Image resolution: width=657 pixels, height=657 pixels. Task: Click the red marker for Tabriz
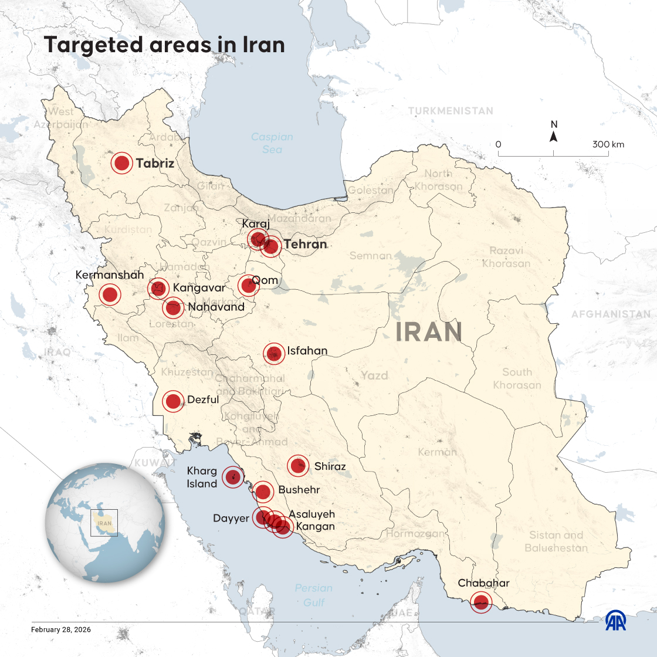121,164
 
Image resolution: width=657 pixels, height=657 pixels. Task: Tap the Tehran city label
305,244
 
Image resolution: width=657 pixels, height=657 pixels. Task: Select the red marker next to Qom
248,286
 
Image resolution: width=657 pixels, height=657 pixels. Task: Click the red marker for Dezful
173,401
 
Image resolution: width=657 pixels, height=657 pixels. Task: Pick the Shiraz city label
330,466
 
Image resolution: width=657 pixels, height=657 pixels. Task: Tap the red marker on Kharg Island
233,476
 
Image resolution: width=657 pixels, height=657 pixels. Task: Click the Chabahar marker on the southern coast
482,602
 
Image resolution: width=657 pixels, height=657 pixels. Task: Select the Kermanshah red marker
110,294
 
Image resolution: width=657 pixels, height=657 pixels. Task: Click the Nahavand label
216,307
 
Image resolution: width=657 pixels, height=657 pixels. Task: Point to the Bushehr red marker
263,491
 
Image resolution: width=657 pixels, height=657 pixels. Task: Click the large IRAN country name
428,333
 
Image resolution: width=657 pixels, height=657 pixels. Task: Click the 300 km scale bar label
608,144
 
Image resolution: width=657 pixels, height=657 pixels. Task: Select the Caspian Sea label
272,143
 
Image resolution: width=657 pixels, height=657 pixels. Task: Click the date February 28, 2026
60,629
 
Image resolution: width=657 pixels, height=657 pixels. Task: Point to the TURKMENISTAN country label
451,111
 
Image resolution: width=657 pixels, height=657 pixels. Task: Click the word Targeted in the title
93,45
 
